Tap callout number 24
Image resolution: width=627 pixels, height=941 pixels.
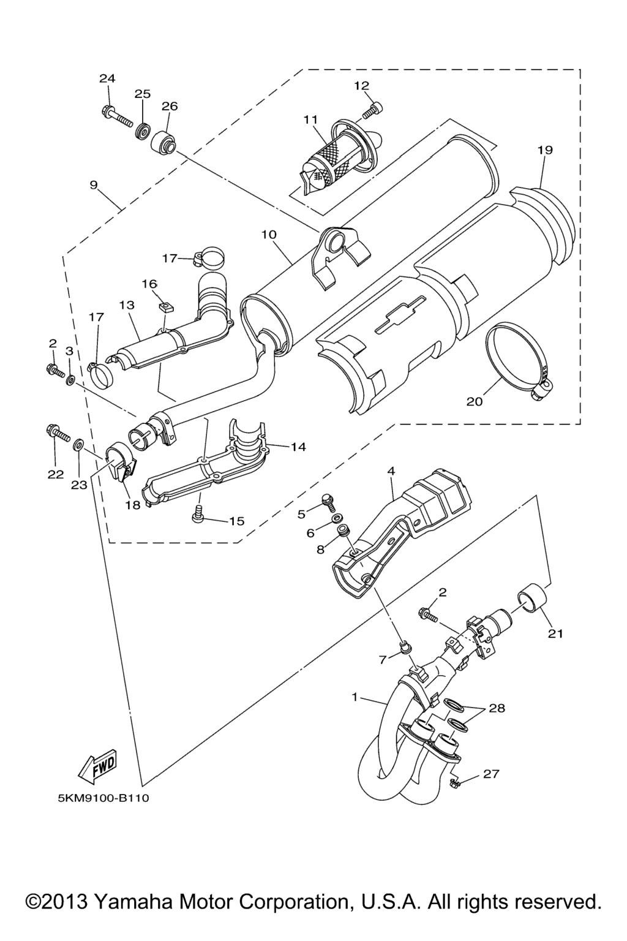(x=108, y=78)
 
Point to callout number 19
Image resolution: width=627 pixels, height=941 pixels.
(x=545, y=150)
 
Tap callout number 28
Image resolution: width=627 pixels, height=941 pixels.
(x=497, y=709)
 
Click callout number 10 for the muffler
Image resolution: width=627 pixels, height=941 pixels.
(x=269, y=235)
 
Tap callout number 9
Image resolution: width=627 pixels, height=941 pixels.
(x=94, y=184)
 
